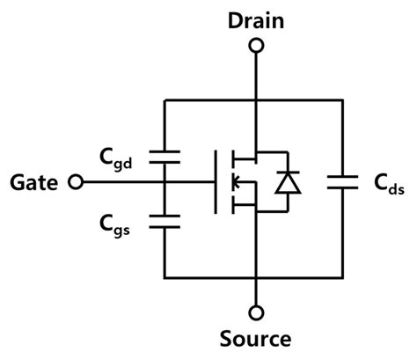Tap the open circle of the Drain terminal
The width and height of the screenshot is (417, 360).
coord(255,49)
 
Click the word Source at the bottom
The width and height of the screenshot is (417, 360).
coord(255,338)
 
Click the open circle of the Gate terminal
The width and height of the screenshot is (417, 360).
coord(77,183)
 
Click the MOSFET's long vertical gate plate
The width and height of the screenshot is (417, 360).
coord(216,183)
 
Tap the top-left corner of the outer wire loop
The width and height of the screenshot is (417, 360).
coord(165,99)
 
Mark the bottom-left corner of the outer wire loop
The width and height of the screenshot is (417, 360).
coord(165,277)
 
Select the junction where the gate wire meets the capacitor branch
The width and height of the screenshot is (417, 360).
coord(165,183)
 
